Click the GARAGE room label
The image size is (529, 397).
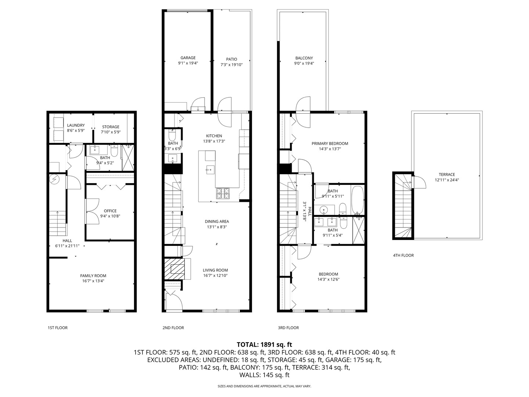tap(188, 58)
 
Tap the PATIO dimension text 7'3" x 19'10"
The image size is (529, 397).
tap(231, 65)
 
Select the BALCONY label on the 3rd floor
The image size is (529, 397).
tap(304, 58)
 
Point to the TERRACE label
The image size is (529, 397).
tap(447, 175)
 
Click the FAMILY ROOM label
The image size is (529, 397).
tap(93, 276)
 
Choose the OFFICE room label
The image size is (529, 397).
tap(110, 211)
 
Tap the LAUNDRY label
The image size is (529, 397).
tap(76, 125)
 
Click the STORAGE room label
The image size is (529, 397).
tap(111, 127)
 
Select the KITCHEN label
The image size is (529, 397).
tap(214, 136)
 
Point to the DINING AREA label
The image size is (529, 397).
tap(217, 221)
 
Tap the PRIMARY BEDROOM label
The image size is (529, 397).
tap(330, 144)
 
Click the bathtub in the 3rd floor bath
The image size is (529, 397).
tap(358, 200)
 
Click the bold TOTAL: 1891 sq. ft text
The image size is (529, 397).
tap(264, 344)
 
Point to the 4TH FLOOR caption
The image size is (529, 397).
tap(403, 255)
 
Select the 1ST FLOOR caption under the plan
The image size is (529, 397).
tap(58, 328)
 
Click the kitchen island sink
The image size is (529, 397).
tap(210, 169)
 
